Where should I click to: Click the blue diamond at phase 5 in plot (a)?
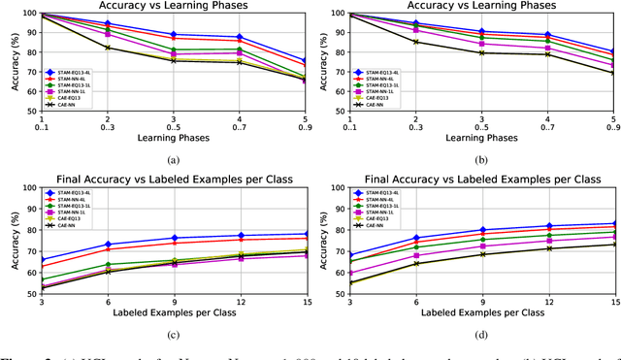304,60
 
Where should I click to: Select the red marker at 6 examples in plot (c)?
107,249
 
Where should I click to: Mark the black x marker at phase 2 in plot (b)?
416,41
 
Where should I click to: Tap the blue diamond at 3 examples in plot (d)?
352,255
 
